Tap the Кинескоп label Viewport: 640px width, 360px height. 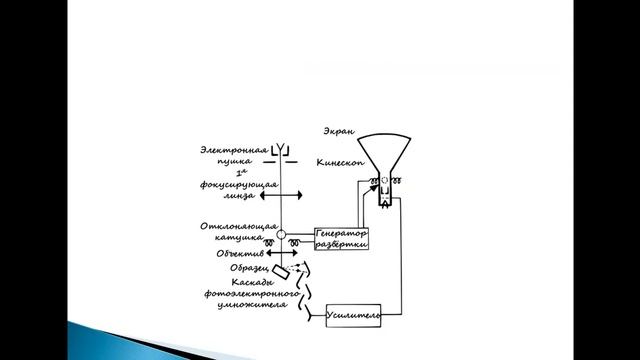(336, 161)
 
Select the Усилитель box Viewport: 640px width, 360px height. (354, 317)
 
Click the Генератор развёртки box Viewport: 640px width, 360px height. (342, 238)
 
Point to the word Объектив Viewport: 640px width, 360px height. (240, 254)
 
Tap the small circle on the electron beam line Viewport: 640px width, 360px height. (283, 235)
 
